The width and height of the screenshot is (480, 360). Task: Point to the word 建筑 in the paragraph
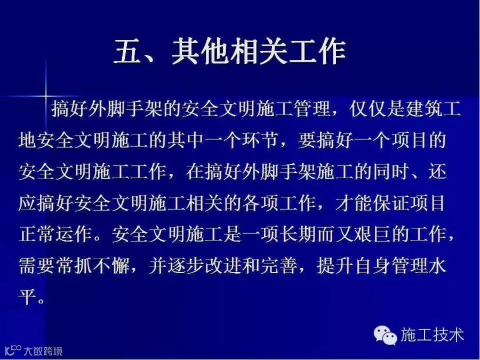click(x=423, y=108)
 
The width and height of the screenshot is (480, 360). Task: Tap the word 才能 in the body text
click(x=353, y=203)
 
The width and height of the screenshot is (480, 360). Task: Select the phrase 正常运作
click(x=55, y=235)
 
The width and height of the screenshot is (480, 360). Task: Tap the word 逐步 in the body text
click(x=186, y=266)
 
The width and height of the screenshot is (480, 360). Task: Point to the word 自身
click(x=372, y=266)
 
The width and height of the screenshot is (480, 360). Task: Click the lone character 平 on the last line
click(x=28, y=297)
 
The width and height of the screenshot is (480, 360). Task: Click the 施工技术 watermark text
click(x=432, y=334)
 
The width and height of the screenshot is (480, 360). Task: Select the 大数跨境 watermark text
click(x=43, y=351)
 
